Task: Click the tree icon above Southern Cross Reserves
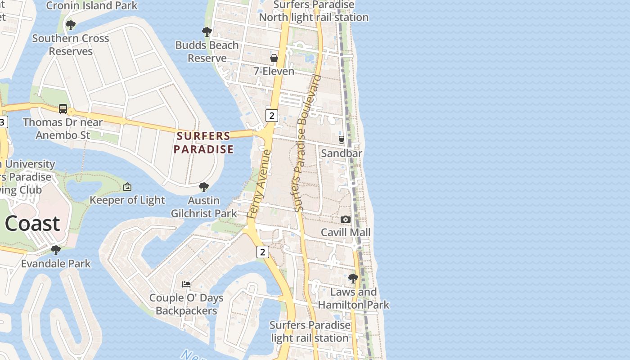point(70,25)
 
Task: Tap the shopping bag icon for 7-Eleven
point(274,58)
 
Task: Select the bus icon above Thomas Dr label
point(63,109)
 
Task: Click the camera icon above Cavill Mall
point(346,219)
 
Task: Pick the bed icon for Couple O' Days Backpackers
point(186,284)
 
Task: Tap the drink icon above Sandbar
point(342,140)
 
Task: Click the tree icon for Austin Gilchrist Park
point(204,187)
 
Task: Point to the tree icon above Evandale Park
point(56,250)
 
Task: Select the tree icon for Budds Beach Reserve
point(207,31)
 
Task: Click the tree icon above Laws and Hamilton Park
point(353,278)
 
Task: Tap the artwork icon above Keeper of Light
point(127,187)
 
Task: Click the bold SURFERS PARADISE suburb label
point(204,142)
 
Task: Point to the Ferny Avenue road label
point(260,184)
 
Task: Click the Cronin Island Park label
point(92,6)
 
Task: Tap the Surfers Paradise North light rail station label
point(314,11)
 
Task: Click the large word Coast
point(32,223)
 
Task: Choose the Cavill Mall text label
point(346,232)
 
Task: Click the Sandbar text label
point(342,153)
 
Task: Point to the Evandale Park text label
point(56,264)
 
